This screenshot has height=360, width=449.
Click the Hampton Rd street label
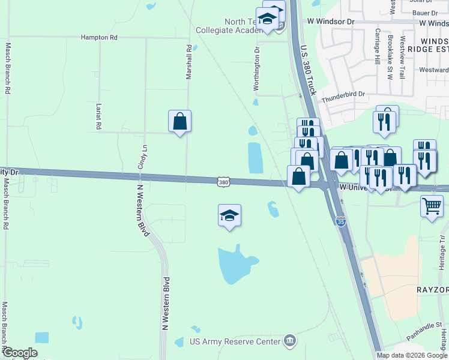pyautogui.click(x=100, y=37)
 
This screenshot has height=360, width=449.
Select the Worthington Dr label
pyautogui.click(x=256, y=69)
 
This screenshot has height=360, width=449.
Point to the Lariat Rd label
pyautogui.click(x=98, y=116)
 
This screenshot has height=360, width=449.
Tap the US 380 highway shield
pyautogui.click(x=223, y=181)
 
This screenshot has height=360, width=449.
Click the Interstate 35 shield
pyautogui.click(x=341, y=222)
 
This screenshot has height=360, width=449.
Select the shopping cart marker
pyautogui.click(x=432, y=206)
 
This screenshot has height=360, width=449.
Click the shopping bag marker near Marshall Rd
pyautogui.click(x=179, y=122)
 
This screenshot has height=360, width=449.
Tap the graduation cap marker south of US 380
pyautogui.click(x=229, y=215)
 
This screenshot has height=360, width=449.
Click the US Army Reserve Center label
pyautogui.click(x=235, y=341)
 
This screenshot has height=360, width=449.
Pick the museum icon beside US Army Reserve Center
pyautogui.click(x=291, y=341)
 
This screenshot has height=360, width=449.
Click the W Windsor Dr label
pyautogui.click(x=331, y=22)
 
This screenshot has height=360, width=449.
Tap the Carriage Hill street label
pyautogui.click(x=378, y=46)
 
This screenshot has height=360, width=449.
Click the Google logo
pyautogui.click(x=20, y=353)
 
